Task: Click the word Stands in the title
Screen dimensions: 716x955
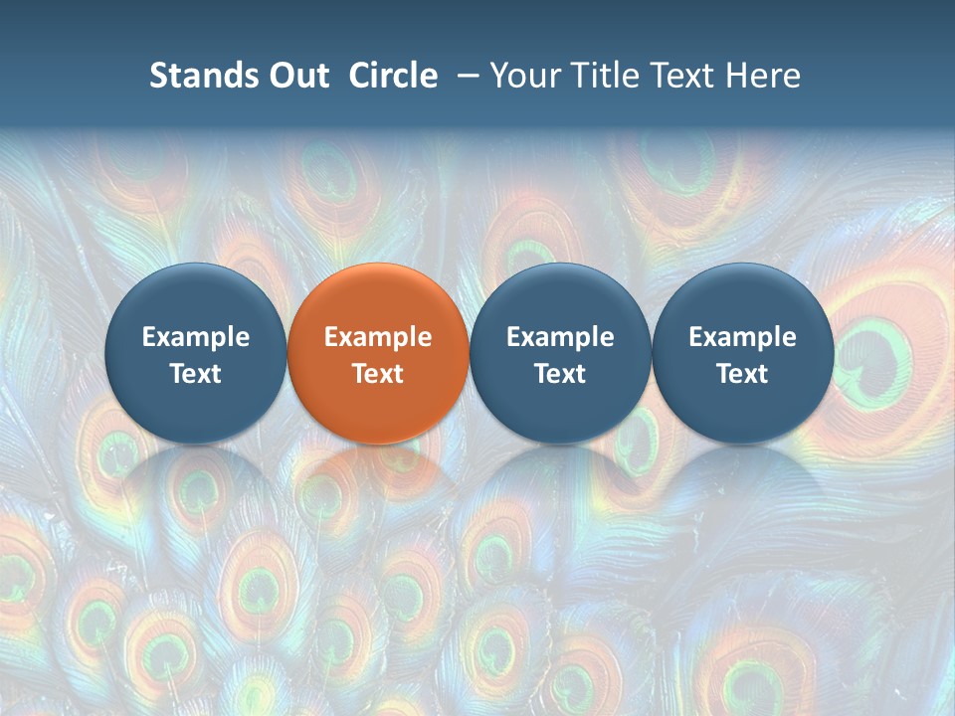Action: click(197, 76)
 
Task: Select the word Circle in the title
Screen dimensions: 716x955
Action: click(393, 76)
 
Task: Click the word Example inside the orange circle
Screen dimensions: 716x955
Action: click(378, 337)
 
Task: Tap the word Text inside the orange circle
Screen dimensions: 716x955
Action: click(378, 374)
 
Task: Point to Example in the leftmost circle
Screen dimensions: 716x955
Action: click(195, 337)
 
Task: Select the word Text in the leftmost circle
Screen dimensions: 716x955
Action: click(195, 374)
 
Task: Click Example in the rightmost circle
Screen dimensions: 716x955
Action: click(743, 337)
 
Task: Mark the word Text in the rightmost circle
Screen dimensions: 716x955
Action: click(743, 374)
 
